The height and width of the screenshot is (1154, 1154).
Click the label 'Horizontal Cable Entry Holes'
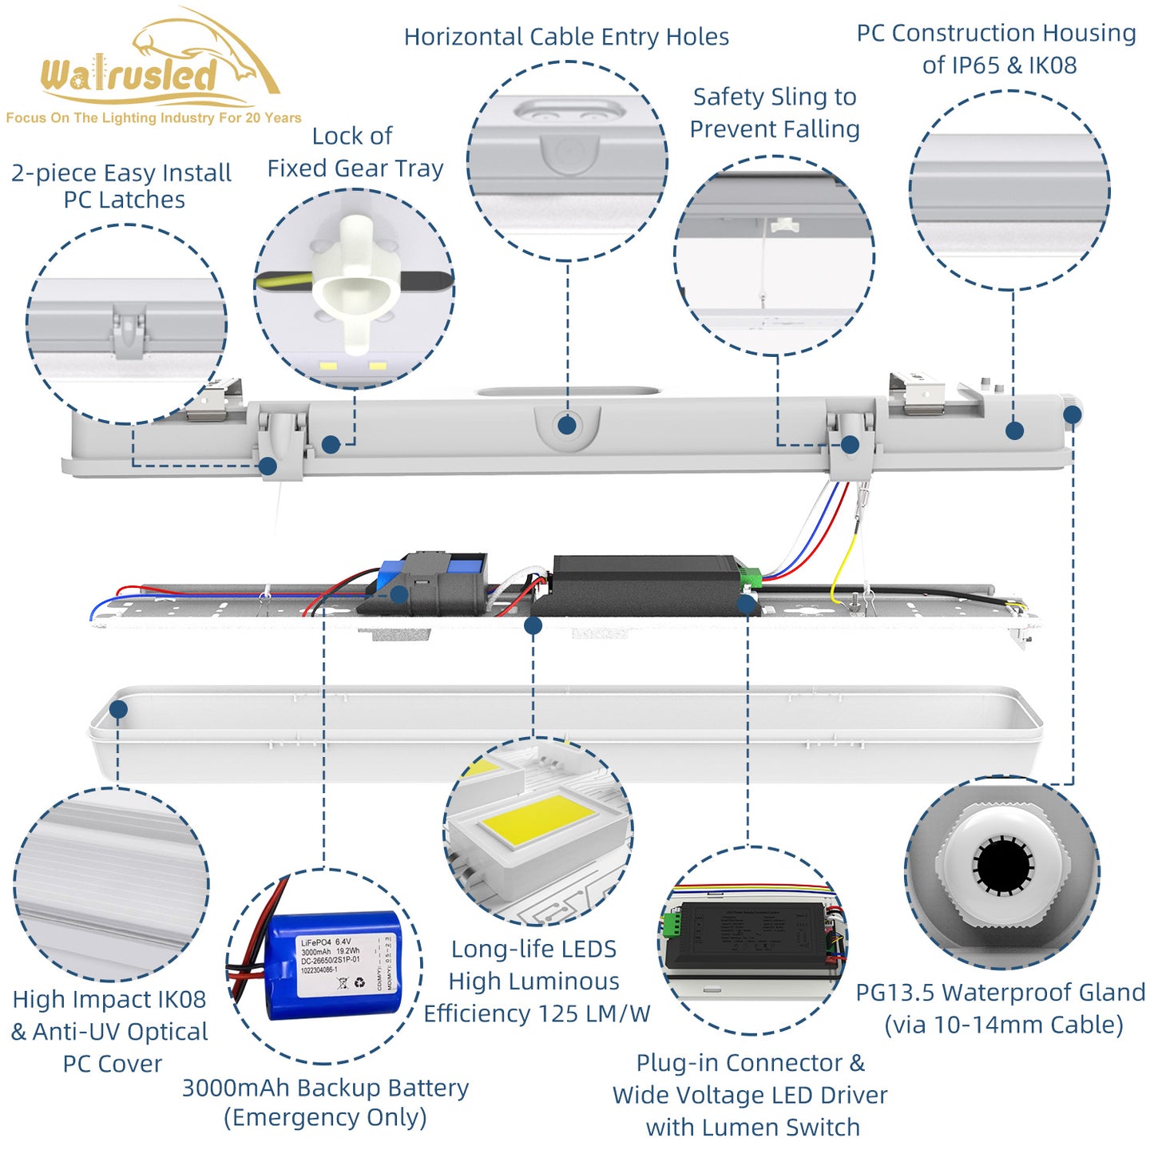(x=566, y=37)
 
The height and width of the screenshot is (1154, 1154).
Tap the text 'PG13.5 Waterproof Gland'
(x=1000, y=992)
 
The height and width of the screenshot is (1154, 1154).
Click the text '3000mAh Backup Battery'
(x=325, y=1087)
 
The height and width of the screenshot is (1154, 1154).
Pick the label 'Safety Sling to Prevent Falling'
(x=774, y=113)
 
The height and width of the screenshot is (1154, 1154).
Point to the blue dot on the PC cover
(x=119, y=709)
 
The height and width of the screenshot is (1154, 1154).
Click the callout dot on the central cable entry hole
(x=567, y=425)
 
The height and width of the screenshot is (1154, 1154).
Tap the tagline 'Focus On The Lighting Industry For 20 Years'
(x=153, y=118)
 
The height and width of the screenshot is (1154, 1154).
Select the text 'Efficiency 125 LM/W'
(x=537, y=1013)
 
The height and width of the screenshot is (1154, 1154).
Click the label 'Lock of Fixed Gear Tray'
(x=355, y=152)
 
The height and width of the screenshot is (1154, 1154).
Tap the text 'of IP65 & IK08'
(x=999, y=65)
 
